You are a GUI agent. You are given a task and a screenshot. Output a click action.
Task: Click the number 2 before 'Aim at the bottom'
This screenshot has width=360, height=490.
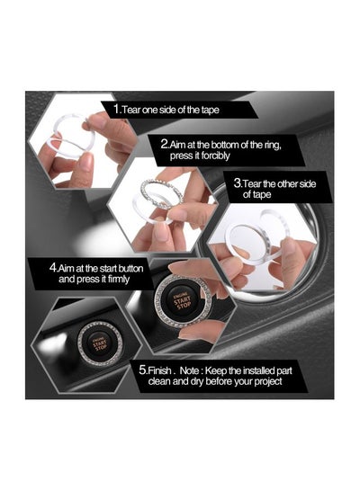pos(163,142)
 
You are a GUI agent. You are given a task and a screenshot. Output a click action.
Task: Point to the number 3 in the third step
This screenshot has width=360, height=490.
pos(237,182)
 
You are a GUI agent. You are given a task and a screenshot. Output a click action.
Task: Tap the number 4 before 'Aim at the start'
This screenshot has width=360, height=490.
pos(56,266)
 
